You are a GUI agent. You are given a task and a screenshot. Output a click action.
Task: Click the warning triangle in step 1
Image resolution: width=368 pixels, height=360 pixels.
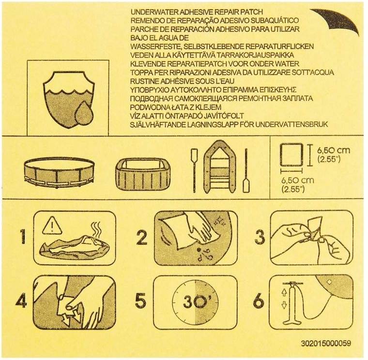[x=52, y=226]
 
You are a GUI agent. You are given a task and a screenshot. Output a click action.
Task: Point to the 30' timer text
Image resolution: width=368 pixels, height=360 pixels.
[x=195, y=301]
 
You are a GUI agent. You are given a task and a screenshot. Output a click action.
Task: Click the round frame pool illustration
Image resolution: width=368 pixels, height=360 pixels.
[x=60, y=173]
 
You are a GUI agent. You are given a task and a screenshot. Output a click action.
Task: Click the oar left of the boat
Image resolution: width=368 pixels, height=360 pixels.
[x=194, y=171]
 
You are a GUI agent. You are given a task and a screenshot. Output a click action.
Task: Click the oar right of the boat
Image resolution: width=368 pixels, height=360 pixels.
[x=245, y=171]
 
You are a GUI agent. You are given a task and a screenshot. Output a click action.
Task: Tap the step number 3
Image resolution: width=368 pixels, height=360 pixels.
[x=260, y=237]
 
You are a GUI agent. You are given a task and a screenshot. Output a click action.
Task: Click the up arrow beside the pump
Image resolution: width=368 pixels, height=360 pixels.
[x=284, y=292]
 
